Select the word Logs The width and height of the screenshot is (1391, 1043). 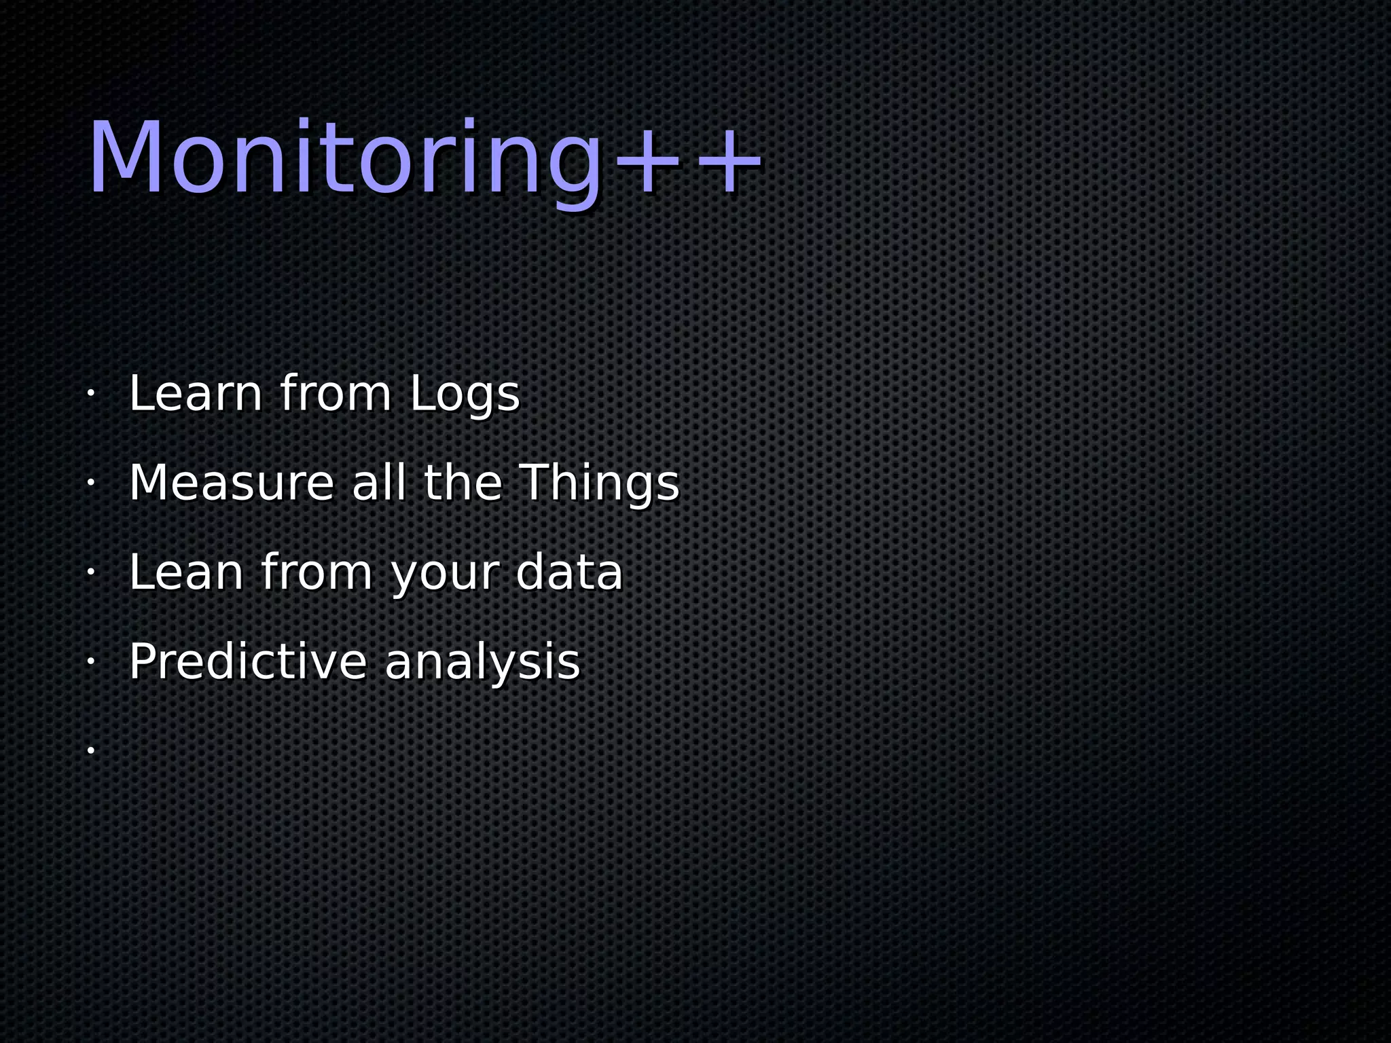[465, 395]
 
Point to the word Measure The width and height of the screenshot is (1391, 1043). [232, 483]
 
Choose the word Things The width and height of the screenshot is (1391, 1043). [600, 484]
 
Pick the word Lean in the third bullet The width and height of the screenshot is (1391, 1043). [186, 572]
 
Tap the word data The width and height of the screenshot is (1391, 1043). [569, 572]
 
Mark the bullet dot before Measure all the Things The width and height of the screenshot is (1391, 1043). [90, 483]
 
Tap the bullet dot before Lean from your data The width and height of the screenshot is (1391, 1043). [90, 572]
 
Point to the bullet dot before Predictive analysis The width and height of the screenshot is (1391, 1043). [90, 661]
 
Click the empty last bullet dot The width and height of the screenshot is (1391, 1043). [90, 750]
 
